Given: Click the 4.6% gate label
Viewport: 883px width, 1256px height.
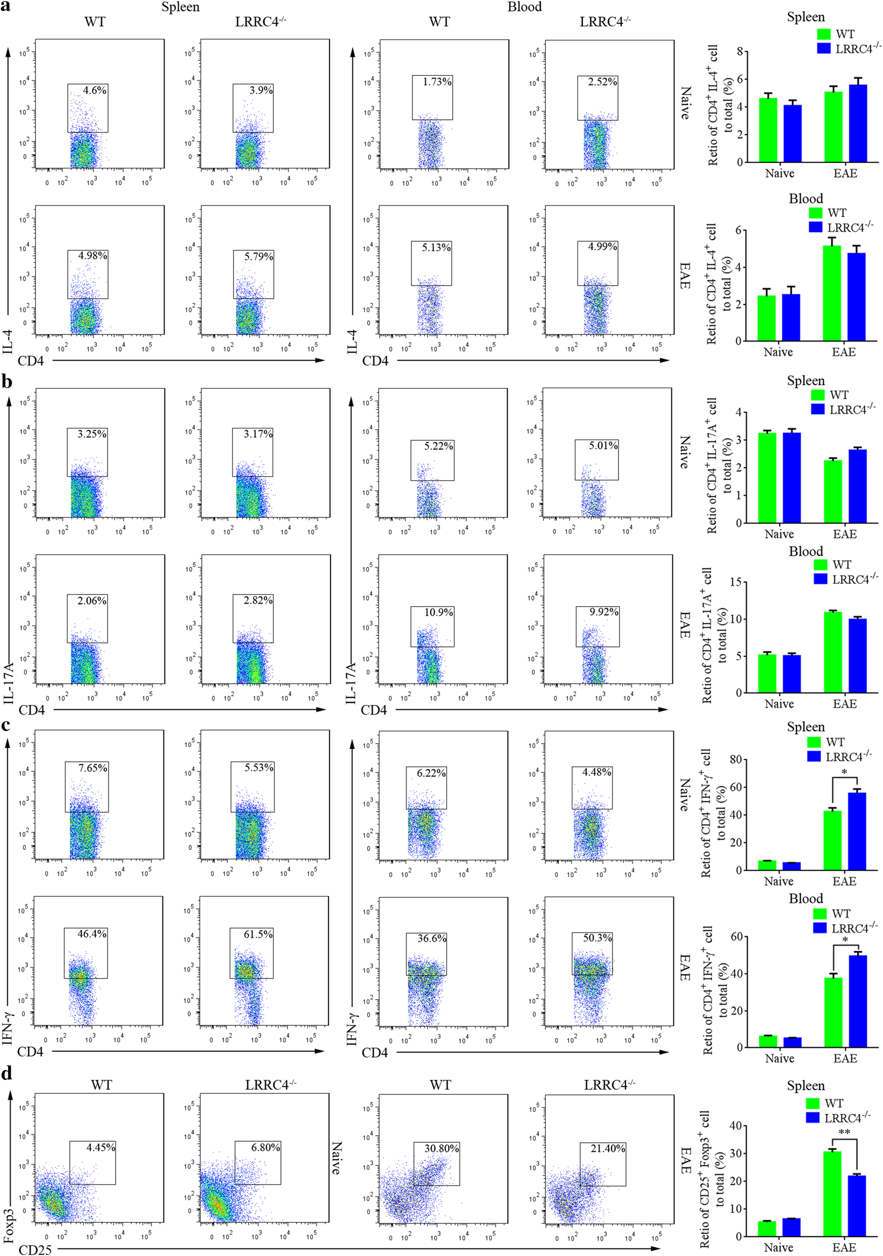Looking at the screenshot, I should [x=95, y=91].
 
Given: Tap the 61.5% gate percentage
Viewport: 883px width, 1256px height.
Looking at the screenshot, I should [x=258, y=934].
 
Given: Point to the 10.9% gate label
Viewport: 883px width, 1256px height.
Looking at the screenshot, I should [x=438, y=612].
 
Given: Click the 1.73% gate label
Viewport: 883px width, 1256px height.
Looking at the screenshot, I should [x=437, y=82].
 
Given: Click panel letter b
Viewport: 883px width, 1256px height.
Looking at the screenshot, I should [x=7, y=381].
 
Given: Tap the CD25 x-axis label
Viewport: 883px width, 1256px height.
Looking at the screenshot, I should [x=35, y=1249].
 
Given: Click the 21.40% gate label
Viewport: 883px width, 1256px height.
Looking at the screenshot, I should [x=608, y=1148].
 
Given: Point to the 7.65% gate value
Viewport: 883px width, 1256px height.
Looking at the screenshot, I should [x=92, y=768].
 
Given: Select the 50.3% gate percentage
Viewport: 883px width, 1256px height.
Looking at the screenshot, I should [x=597, y=937].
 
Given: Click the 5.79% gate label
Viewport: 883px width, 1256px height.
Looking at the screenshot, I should [x=259, y=257].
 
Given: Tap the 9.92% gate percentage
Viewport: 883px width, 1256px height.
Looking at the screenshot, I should [x=604, y=612].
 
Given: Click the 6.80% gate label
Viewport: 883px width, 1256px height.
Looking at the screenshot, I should [x=265, y=1147].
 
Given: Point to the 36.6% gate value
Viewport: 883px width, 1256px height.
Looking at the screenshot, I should [x=432, y=938].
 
